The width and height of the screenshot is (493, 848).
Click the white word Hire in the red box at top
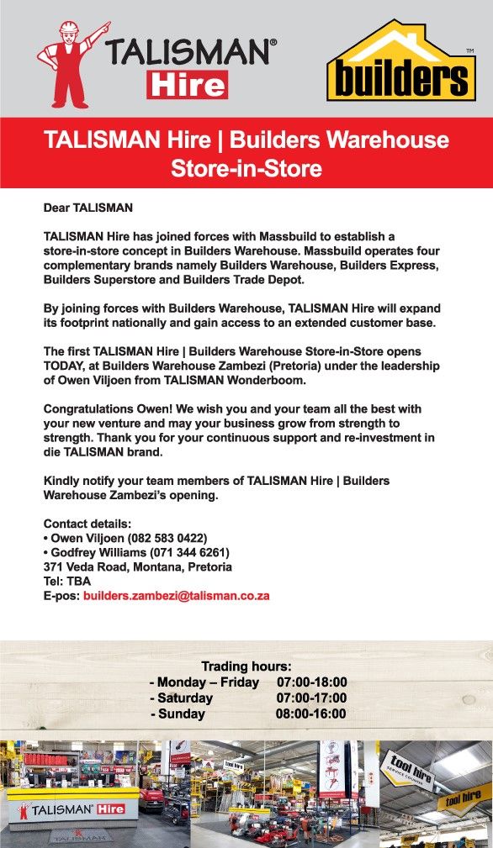point(187,84)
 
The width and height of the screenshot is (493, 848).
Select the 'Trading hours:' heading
point(246,666)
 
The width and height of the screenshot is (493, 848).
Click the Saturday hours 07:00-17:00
point(310,698)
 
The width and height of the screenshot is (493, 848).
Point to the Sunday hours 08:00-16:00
point(310,714)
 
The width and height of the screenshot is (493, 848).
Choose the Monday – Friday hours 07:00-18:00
point(310,682)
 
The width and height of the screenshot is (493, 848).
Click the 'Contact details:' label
point(87,524)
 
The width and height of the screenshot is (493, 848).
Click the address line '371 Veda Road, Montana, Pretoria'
point(137,566)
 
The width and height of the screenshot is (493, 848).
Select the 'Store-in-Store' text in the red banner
point(246,169)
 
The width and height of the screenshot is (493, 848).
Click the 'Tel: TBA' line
point(66,581)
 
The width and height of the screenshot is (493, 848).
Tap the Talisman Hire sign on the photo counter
point(72,809)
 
